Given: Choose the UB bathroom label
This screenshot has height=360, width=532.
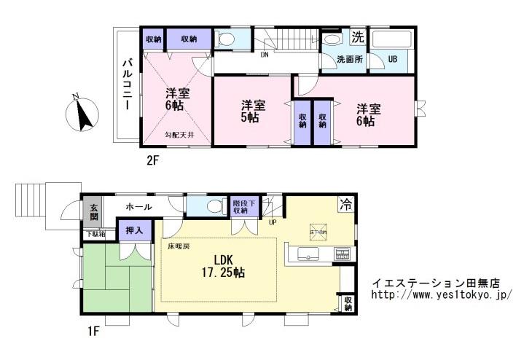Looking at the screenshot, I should (x=392, y=60).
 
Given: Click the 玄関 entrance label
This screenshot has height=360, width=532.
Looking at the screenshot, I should (x=93, y=212).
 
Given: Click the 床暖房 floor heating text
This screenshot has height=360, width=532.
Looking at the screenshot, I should (x=179, y=246).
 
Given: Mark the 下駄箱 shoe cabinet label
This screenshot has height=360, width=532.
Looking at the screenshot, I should (x=93, y=234).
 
